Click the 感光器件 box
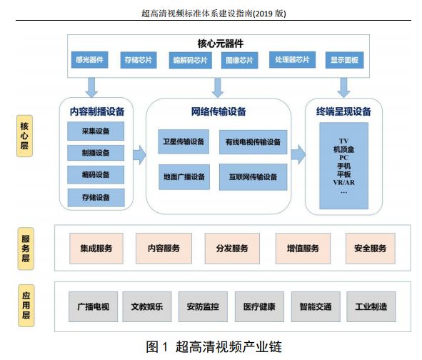[90, 60]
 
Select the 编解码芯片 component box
[190, 60]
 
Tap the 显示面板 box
[344, 60]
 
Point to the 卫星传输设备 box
[184, 141]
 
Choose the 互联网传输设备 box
[253, 177]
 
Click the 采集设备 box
[96, 131]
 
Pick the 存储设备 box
[96, 198]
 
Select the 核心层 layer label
[25, 136]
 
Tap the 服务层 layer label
[26, 249]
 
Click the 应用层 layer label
[26, 306]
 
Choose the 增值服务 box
[303, 249]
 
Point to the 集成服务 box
[96, 249]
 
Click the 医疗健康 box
[259, 306]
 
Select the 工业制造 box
[371, 306]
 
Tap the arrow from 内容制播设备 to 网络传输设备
[139, 155]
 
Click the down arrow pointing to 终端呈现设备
[343, 88]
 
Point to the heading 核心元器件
[221, 44]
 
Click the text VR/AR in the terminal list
[344, 183]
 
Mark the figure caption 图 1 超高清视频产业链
[214, 347]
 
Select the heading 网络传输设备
[218, 111]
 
